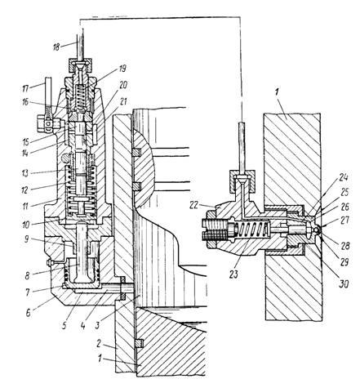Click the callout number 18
[x=56, y=47]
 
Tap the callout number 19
[x=122, y=69]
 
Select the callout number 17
[x=26, y=88]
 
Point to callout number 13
[x=25, y=173]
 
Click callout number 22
[x=193, y=205]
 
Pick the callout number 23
[x=233, y=274]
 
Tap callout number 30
[x=344, y=284]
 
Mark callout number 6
[x=28, y=313]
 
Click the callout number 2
[x=100, y=344]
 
